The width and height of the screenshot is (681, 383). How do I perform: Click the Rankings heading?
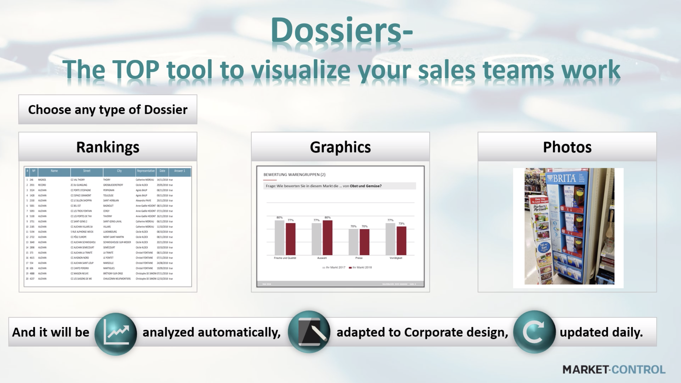click(x=108, y=147)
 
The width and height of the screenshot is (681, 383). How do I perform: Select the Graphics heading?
click(x=340, y=147)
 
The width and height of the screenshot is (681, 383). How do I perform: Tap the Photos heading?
click(x=567, y=147)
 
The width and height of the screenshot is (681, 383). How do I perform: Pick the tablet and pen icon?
click(x=309, y=332)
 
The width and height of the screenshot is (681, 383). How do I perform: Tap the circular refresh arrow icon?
click(x=534, y=332)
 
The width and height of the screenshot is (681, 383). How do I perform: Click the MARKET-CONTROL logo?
click(x=614, y=369)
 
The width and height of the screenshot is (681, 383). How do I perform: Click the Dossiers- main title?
click(x=341, y=30)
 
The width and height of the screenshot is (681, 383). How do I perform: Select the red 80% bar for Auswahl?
click(x=327, y=237)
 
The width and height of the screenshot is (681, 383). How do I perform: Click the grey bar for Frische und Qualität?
click(x=279, y=237)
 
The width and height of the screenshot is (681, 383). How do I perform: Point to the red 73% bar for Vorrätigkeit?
click(x=401, y=241)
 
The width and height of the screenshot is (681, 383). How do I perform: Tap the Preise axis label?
click(x=359, y=258)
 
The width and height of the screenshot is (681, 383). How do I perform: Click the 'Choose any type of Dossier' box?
click(x=108, y=110)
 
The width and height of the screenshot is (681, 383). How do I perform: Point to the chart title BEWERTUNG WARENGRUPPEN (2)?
click(x=294, y=175)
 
